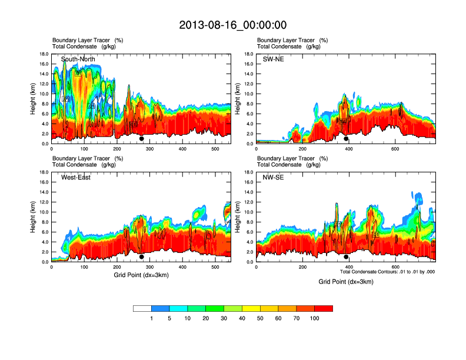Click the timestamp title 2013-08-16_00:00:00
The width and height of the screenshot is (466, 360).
click(232, 25)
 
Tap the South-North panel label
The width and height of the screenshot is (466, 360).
click(78, 59)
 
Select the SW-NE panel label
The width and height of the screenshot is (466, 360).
click(273, 59)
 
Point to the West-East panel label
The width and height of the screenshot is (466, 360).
click(76, 178)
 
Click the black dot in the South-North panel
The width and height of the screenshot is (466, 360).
click(141, 139)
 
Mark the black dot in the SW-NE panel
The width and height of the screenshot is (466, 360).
click(346, 139)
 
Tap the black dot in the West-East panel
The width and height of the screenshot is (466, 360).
click(141, 257)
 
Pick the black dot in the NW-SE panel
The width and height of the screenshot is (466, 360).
click(346, 257)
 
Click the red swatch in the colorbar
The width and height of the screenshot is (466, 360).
click(324, 308)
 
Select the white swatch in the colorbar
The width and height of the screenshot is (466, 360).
click(142, 308)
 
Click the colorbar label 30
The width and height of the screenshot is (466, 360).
click(224, 318)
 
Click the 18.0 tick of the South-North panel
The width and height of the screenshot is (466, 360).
click(44, 54)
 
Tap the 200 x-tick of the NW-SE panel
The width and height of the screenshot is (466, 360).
click(302, 268)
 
